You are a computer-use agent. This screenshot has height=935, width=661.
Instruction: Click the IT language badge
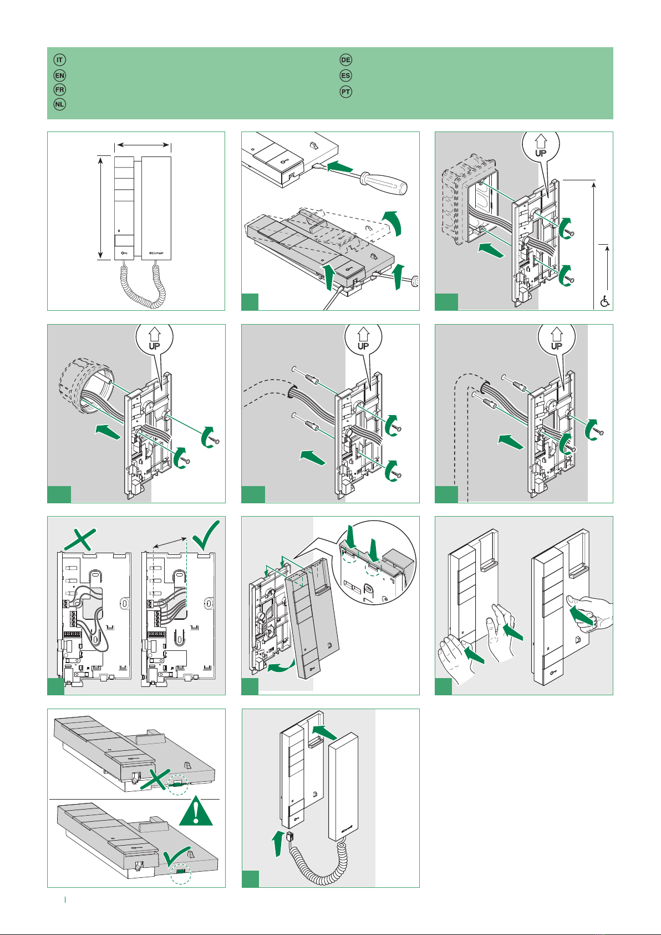pos(60,60)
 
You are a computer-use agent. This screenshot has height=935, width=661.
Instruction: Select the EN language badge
pos(60,75)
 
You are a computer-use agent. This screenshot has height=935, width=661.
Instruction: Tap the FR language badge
pos(60,90)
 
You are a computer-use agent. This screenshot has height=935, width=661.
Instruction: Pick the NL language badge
pos(60,104)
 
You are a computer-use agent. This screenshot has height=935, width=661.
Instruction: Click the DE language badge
pos(345,60)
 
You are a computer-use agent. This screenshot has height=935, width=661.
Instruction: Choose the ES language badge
pos(345,75)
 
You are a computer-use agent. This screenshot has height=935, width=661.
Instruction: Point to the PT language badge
pos(345,92)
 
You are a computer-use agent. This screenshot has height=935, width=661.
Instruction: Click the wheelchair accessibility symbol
pos(604,301)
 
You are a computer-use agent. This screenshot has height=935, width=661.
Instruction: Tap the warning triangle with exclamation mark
pos(196,811)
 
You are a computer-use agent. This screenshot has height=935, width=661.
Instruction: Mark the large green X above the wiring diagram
pos(80,539)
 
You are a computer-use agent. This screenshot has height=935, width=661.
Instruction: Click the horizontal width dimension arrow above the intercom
pos(143,145)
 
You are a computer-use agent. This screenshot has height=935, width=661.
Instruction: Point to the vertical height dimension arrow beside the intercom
pos(100,208)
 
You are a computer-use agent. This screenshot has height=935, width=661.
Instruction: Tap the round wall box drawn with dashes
pos(87,386)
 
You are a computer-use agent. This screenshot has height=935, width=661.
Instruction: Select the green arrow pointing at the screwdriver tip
pos(340,167)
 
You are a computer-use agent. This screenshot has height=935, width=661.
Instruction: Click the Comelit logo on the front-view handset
pos(156,252)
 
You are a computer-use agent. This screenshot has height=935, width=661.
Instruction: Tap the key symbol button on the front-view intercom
pos(124,253)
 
